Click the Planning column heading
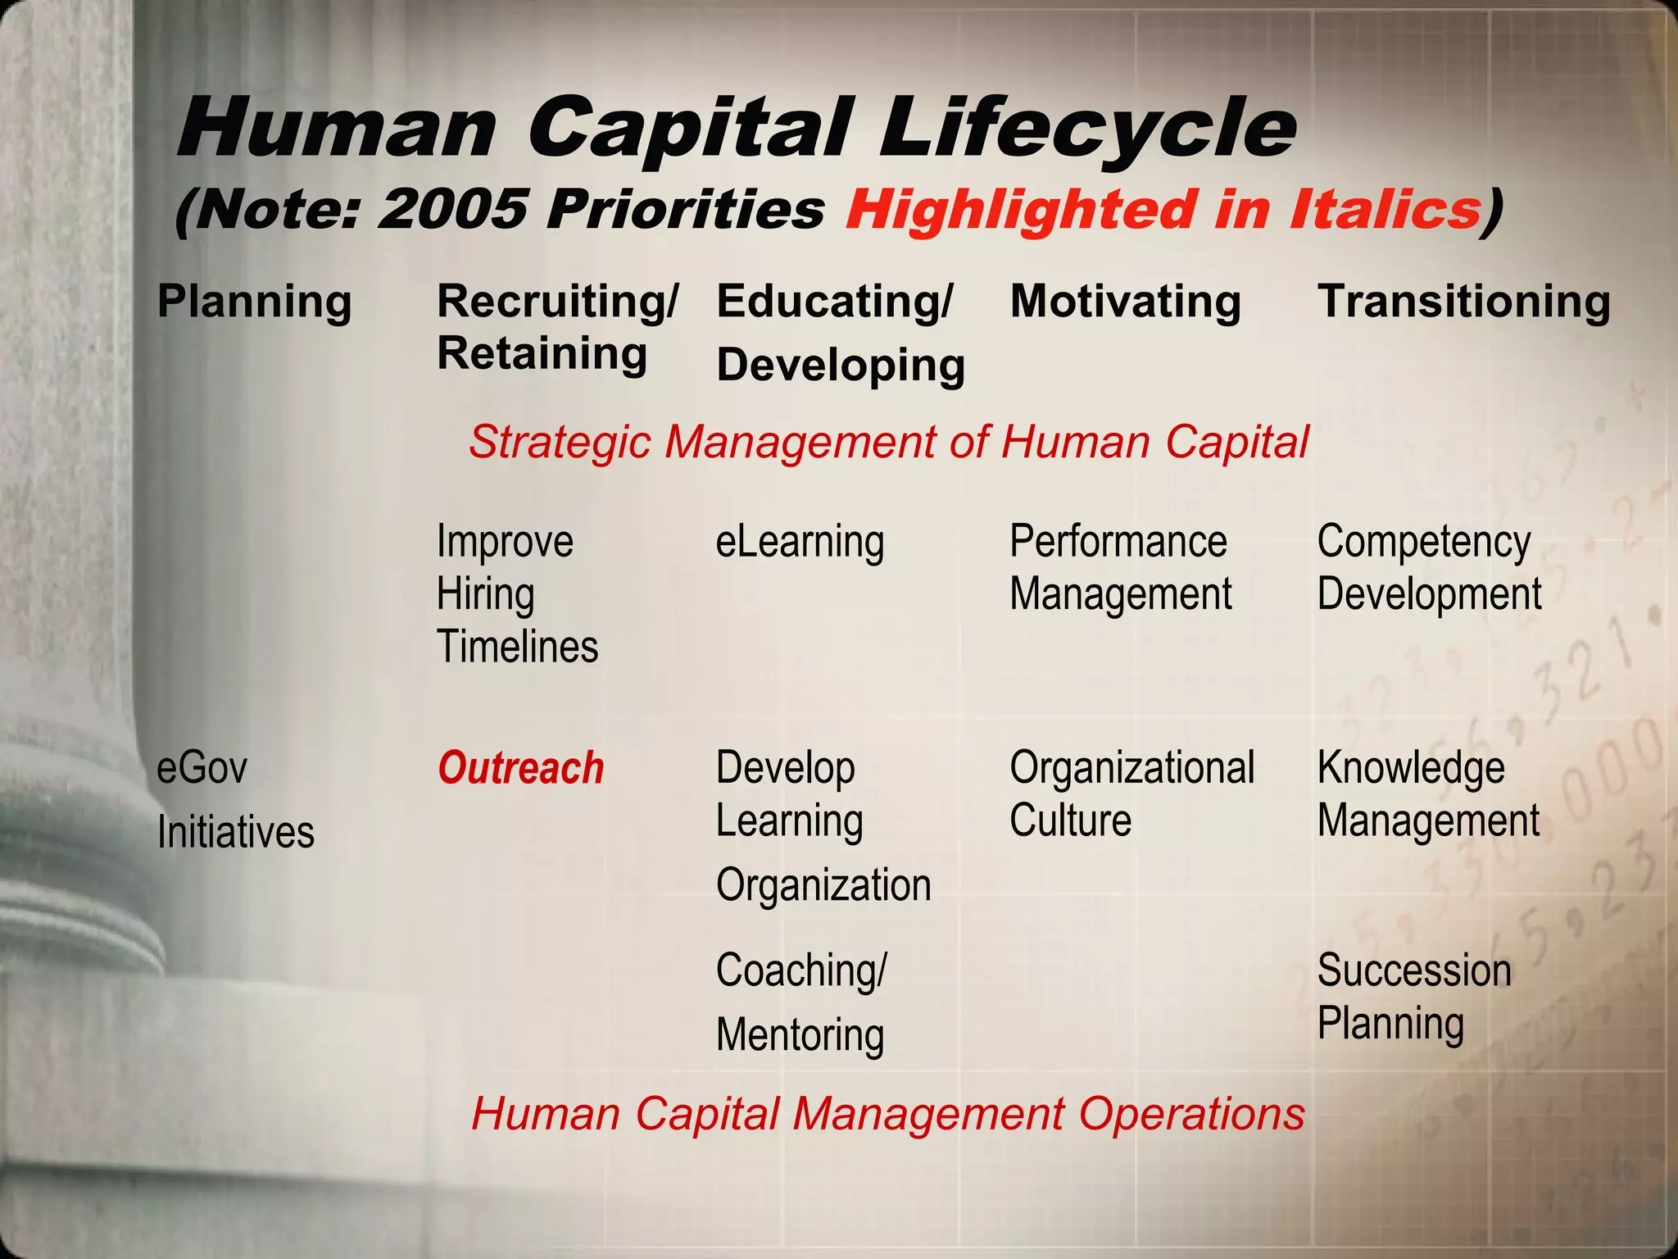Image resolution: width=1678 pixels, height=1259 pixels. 254,301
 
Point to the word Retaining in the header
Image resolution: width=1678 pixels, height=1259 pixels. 542,353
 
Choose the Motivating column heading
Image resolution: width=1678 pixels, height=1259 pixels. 1125,301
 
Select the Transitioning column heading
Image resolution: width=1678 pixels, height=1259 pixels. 1463,301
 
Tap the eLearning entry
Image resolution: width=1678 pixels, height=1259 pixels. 800,542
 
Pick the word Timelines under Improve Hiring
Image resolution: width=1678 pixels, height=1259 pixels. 517,647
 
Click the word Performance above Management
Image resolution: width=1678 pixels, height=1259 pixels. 1118,542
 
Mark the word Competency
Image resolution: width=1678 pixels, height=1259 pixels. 1423,542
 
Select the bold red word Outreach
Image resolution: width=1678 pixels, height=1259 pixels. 520,768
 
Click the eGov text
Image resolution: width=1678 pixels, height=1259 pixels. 202,768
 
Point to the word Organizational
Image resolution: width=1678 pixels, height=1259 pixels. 1132,768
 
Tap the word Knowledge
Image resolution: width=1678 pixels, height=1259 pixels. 1410,768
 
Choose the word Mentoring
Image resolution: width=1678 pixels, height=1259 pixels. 800,1034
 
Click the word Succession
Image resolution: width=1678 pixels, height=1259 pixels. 1414,970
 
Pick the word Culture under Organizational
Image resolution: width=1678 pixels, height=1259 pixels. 1070,820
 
